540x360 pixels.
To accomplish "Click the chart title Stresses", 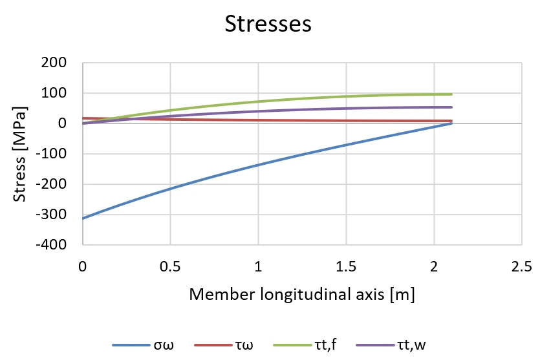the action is pos(268,24).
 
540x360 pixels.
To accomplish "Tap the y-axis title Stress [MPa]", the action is pos(19,154).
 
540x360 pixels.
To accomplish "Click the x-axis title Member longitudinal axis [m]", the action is pos(302,295).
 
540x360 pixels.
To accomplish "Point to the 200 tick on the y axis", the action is pos(54,63).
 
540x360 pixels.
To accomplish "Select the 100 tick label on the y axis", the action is pos(54,93).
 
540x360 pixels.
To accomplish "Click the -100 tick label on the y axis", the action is pos(51,153).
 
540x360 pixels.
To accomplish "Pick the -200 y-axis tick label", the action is pos(51,184).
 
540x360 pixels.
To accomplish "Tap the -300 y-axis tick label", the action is pos(51,215).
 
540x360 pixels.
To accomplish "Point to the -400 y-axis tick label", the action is pos(51,245).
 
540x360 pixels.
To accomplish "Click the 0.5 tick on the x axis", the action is pos(170,267).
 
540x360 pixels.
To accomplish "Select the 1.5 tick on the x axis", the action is pos(346,267).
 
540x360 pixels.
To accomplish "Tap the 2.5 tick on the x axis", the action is pos(522,267).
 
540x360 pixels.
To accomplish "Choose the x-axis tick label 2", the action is pos(434,267).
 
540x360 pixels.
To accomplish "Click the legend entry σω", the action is pos(144,345).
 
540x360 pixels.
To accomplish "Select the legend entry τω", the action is pos(224,345).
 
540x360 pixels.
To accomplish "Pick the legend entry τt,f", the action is pos(305,345).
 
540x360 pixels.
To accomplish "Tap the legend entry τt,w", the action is pos(391,345).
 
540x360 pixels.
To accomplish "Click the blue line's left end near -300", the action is pos(83,218).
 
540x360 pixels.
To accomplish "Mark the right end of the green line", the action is pos(451,94).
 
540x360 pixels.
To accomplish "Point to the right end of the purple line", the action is pos(451,107).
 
